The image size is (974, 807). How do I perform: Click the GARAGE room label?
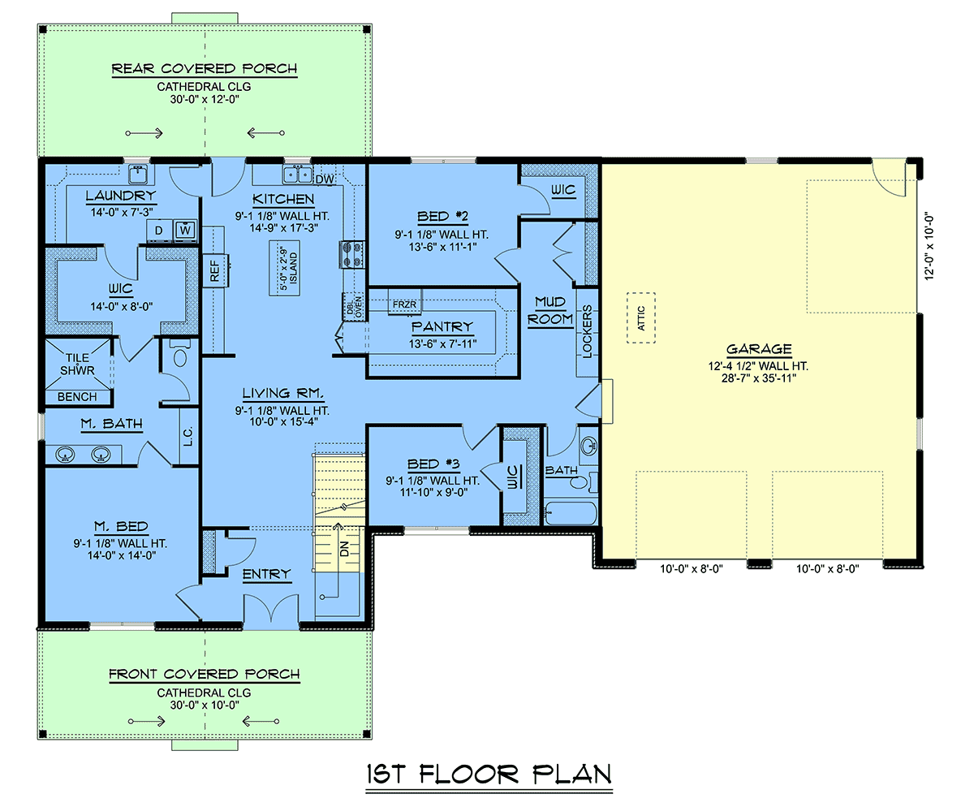point(759,349)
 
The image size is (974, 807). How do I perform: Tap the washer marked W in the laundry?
point(185,230)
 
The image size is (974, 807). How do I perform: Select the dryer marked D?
point(159,230)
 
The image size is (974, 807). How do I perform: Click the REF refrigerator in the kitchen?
point(215,270)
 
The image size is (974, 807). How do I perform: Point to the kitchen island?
point(285,268)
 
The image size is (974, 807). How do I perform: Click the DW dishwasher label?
point(325,179)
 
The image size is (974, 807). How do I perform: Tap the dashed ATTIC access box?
point(641,318)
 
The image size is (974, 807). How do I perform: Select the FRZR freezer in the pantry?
point(404,303)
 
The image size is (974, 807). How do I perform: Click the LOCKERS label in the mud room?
point(588,331)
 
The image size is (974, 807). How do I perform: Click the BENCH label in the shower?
point(77,397)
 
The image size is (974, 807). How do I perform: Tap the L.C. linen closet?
point(189,436)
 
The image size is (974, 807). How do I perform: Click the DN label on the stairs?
point(345,549)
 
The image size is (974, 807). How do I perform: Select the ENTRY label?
point(267,574)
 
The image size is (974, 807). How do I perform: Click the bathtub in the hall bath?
point(571,513)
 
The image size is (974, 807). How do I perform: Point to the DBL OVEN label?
point(354,307)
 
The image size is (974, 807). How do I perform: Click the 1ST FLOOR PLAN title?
point(489,775)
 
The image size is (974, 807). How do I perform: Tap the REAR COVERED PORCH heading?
point(205,69)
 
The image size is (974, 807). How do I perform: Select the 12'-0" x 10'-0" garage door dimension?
point(929,247)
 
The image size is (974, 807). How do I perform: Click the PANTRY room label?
point(442,326)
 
